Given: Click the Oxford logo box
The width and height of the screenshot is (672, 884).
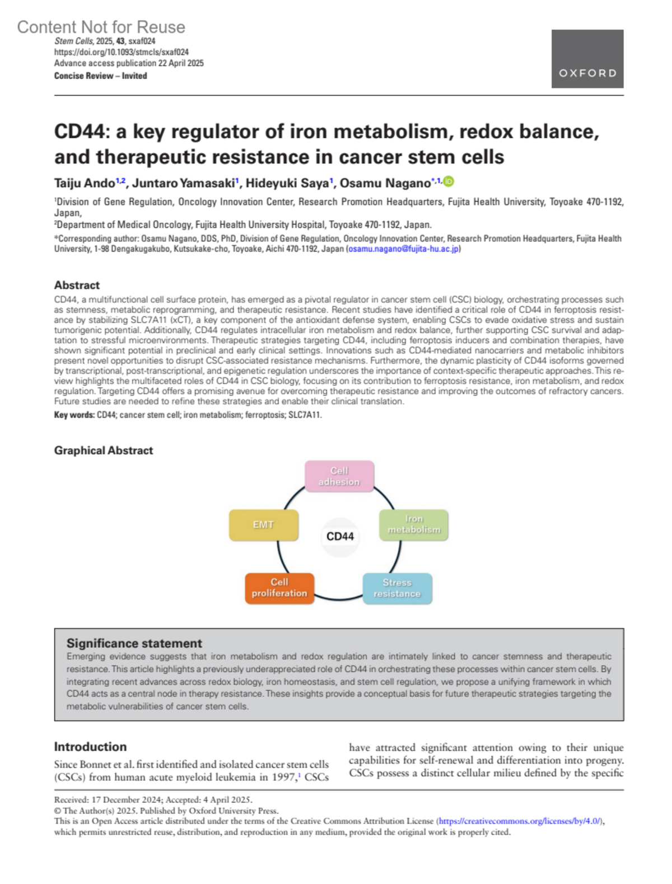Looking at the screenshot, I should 587,59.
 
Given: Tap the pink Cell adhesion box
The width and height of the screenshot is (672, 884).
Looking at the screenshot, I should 339,476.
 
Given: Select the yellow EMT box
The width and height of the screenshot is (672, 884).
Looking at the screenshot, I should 263,525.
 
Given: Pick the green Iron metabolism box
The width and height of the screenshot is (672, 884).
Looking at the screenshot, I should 414,524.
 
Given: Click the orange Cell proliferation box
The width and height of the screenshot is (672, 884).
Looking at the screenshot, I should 279,588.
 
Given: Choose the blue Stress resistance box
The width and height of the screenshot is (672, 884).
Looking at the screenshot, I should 397,588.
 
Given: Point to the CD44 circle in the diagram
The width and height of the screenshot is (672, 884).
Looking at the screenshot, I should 340,537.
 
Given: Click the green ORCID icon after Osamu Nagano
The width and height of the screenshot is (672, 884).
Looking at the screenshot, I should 449,182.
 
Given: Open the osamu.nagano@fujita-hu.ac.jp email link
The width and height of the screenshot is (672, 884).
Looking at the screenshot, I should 403,249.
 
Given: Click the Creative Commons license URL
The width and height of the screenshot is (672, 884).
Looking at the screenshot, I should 520,821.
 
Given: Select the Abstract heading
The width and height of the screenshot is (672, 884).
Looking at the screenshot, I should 77,285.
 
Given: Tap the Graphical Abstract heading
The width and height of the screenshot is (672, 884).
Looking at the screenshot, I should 104,450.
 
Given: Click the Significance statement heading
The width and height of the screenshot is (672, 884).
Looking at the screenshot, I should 134,643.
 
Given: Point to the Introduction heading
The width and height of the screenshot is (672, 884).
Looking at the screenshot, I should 90,747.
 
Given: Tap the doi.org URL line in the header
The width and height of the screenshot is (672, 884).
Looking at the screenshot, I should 121,52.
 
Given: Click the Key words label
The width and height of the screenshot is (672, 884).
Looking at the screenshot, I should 74,415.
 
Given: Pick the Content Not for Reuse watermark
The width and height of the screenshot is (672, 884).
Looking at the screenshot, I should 101,27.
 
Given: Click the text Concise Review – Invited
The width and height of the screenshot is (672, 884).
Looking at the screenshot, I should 100,76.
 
